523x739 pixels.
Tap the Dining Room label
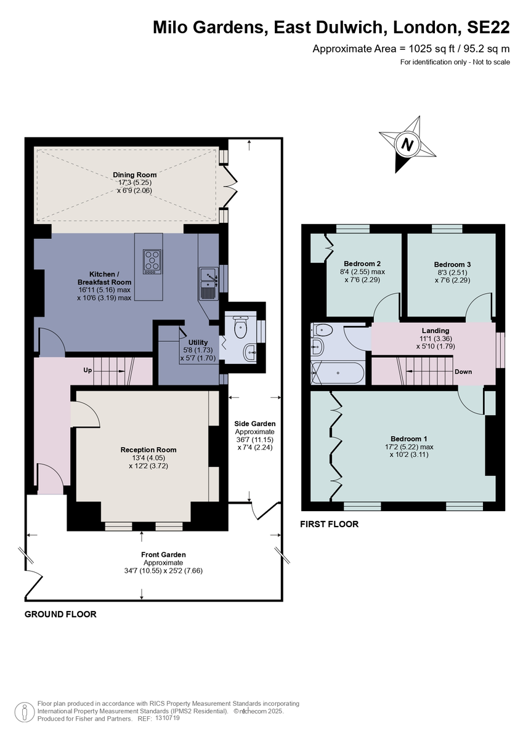click(x=134, y=175)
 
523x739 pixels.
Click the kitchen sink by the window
click(x=209, y=283)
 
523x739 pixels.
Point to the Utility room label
click(x=198, y=342)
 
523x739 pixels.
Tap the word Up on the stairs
click(x=89, y=371)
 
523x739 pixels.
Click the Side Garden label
click(x=255, y=424)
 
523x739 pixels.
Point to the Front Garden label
click(x=163, y=554)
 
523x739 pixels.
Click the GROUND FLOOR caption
click(x=60, y=615)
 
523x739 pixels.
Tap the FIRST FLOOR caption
click(x=329, y=525)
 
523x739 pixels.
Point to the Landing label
click(x=436, y=331)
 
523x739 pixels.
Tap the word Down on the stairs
click(x=463, y=372)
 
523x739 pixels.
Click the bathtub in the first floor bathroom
click(x=338, y=373)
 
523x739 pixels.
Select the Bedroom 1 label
click(x=408, y=438)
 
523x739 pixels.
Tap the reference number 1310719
click(x=168, y=718)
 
